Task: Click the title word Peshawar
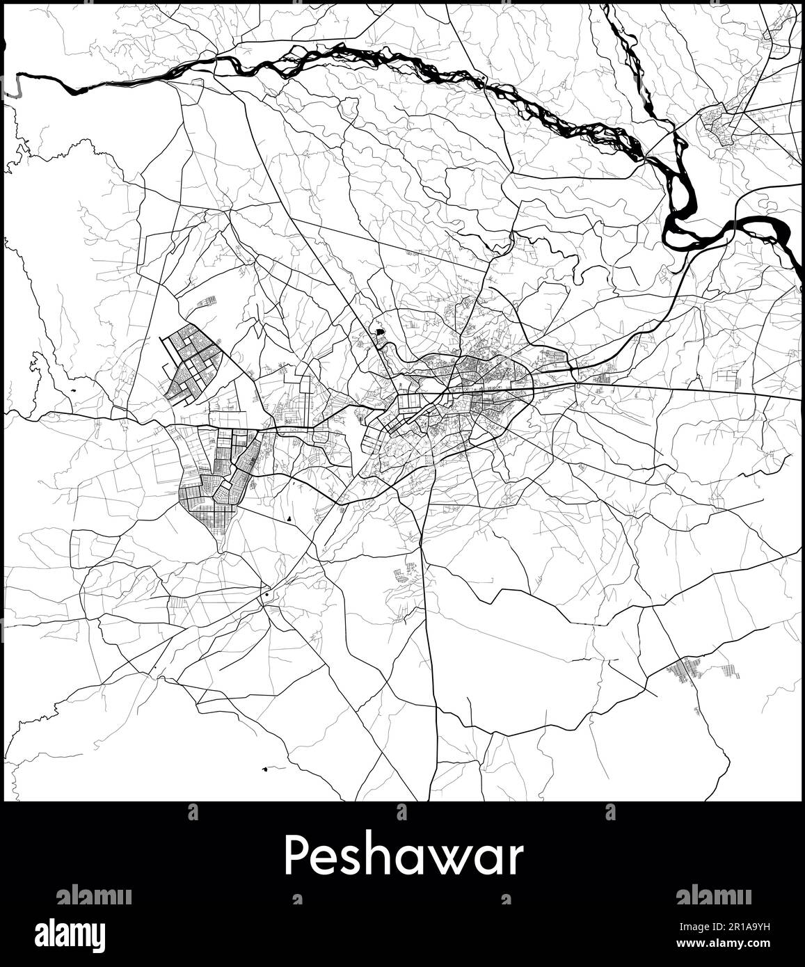pos(402,857)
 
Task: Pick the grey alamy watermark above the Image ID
pos(712,895)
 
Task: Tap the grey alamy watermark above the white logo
pos(93,895)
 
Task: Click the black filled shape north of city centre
pos(379,332)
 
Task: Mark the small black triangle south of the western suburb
pos(289,519)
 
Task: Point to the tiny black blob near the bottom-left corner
pos(265,769)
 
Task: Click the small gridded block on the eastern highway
pos(598,380)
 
